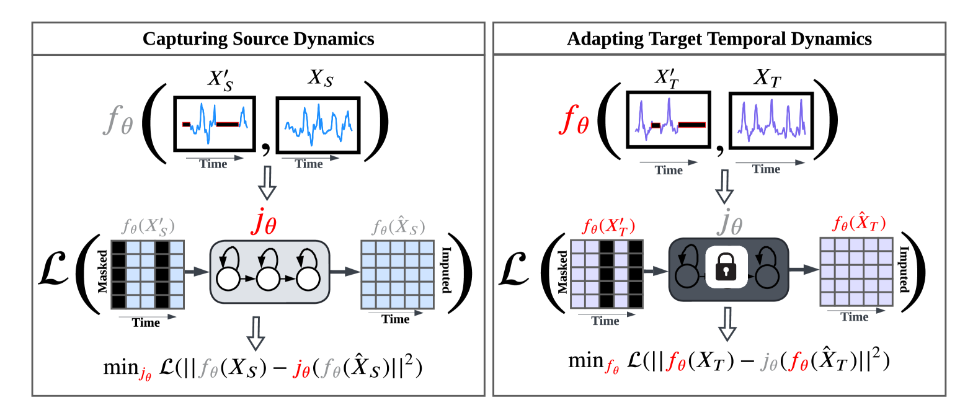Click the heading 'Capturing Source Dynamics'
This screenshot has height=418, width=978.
258,39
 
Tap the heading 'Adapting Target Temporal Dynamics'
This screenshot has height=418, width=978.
719,39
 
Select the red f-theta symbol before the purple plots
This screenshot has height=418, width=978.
574,119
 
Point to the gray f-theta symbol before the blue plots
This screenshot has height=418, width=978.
118,119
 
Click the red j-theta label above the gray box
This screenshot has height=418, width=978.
264,223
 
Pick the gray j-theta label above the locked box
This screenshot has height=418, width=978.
729,222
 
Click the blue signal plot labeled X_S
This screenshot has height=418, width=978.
318,125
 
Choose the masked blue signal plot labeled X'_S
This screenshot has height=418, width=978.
215,123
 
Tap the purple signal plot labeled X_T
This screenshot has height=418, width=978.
771,121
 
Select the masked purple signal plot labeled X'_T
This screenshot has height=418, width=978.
668,120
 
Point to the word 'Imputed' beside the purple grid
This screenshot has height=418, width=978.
904,269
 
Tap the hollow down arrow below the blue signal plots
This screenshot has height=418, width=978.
267,182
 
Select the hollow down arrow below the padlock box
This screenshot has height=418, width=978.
727,324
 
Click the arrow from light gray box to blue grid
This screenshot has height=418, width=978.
344,271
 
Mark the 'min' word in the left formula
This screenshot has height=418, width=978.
120,367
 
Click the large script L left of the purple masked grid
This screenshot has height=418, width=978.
513,270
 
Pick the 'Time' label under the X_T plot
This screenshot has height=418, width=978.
766,169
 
